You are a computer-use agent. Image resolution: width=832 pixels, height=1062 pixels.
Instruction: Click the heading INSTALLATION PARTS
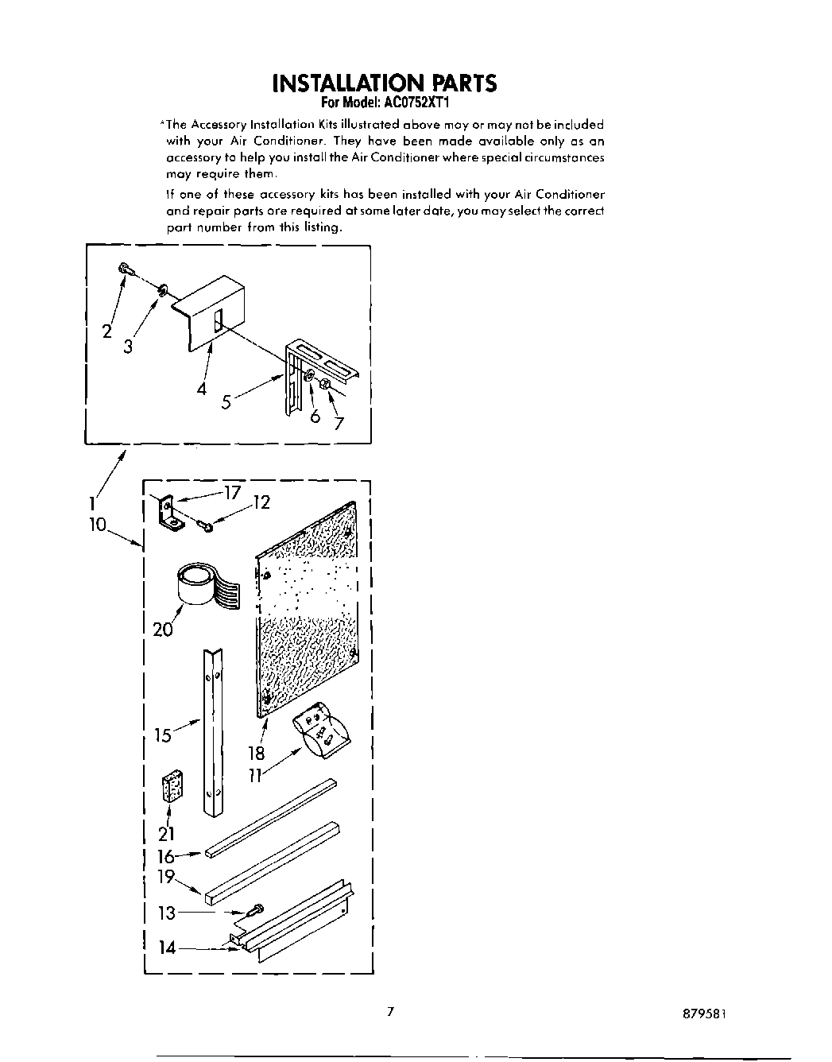(384, 83)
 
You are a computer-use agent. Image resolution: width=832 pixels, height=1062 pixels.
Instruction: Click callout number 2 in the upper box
(106, 332)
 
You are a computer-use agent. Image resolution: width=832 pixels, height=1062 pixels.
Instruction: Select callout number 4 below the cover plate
(202, 389)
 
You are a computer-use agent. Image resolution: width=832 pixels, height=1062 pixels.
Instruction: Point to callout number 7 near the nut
(339, 423)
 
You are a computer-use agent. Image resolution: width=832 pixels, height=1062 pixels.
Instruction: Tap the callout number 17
(232, 493)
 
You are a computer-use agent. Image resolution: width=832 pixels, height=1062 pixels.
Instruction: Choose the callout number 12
(261, 503)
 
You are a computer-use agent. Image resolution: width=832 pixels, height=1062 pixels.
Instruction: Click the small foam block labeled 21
(172, 786)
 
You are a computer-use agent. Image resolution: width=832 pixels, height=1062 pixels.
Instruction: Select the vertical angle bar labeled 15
(213, 731)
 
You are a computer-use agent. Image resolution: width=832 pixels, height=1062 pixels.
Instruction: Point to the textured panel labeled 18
(308, 604)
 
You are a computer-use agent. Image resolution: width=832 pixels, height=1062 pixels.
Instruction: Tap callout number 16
(165, 856)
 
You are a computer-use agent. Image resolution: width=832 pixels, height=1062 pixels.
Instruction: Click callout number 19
(165, 878)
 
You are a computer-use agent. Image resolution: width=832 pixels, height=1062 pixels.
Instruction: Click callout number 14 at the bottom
(166, 947)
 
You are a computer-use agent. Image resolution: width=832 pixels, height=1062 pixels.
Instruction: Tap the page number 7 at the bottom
(389, 1012)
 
